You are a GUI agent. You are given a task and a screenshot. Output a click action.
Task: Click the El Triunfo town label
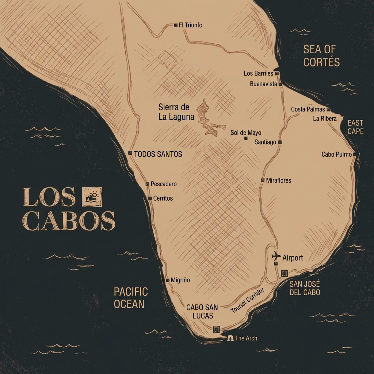pyautogui.click(x=191, y=25)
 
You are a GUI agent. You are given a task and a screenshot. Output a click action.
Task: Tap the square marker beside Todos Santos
pyautogui.click(x=130, y=153)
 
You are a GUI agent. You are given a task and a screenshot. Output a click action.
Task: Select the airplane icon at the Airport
pyautogui.click(x=276, y=256)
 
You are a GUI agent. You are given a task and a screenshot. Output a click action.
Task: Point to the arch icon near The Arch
pyautogui.click(x=230, y=338)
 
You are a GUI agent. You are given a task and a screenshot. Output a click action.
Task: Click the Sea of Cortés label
pyautogui.click(x=321, y=56)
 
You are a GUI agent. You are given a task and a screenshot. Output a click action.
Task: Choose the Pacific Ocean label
pyautogui.click(x=131, y=297)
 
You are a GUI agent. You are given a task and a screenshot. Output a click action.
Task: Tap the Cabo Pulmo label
pyautogui.click(x=336, y=154)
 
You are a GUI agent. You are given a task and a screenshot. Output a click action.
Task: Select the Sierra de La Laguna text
pyautogui.click(x=174, y=112)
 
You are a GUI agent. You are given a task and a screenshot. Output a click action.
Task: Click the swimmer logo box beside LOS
pyautogui.click(x=92, y=197)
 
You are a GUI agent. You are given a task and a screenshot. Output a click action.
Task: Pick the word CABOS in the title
pyautogui.click(x=69, y=221)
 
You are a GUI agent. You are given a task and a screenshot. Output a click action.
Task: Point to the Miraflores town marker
pyautogui.click(x=263, y=180)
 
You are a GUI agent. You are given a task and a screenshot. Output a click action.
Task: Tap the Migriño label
pyautogui.click(x=180, y=280)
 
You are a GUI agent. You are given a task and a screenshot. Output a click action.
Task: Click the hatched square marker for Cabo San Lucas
pyautogui.click(x=216, y=329)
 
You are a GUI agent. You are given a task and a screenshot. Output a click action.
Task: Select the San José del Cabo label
pyautogui.click(x=305, y=288)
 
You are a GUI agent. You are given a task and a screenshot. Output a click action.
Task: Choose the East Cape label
pyautogui.click(x=355, y=127)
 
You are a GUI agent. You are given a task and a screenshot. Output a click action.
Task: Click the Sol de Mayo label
pyautogui.click(x=246, y=133)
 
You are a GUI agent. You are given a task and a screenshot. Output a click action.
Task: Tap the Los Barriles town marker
pyautogui.click(x=277, y=73)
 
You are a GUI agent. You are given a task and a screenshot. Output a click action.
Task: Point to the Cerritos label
pyautogui.click(x=163, y=198)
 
